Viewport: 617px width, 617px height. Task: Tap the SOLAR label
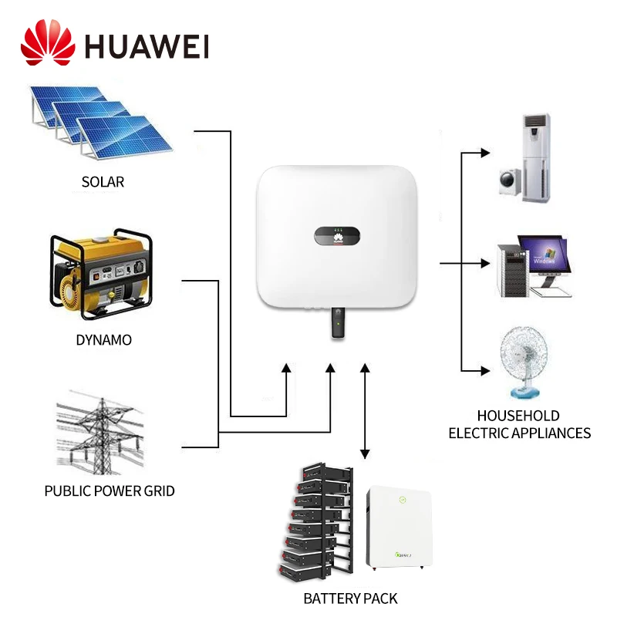(x=103, y=183)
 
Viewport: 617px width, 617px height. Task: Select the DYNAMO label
(x=103, y=340)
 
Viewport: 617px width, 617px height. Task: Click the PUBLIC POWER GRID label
(x=110, y=491)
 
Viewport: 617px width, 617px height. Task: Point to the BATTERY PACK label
(x=351, y=598)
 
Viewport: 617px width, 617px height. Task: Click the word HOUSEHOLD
(x=518, y=416)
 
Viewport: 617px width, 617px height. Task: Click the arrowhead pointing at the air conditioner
(x=485, y=153)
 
